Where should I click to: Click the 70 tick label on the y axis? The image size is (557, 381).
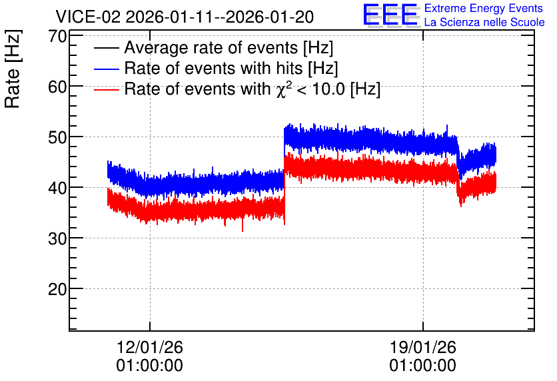coord(58,36)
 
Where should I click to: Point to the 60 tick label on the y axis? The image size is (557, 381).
coord(58,87)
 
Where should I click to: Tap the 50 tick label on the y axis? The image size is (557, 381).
coord(58,137)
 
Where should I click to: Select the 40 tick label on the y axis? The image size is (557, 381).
coord(58,188)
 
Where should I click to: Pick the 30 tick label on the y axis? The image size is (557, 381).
coord(58,238)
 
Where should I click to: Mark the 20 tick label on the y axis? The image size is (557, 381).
coord(58,289)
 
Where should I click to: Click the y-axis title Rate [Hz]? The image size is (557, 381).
coord(13,69)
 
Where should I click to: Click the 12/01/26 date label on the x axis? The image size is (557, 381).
coord(149,347)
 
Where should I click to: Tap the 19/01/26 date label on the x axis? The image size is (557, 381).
coord(422,347)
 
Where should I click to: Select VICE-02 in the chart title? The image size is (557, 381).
coord(89,17)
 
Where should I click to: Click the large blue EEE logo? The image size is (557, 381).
coord(390,15)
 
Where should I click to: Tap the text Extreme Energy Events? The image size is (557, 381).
coord(484,8)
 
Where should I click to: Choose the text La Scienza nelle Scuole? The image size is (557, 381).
coord(484,22)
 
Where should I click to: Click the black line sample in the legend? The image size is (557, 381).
coord(106,48)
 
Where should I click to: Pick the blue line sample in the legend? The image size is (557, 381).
coord(106,69)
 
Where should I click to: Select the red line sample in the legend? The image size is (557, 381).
coord(106,89)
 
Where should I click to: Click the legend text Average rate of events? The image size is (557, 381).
coord(211,48)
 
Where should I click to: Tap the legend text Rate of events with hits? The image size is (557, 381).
coord(213,68)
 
